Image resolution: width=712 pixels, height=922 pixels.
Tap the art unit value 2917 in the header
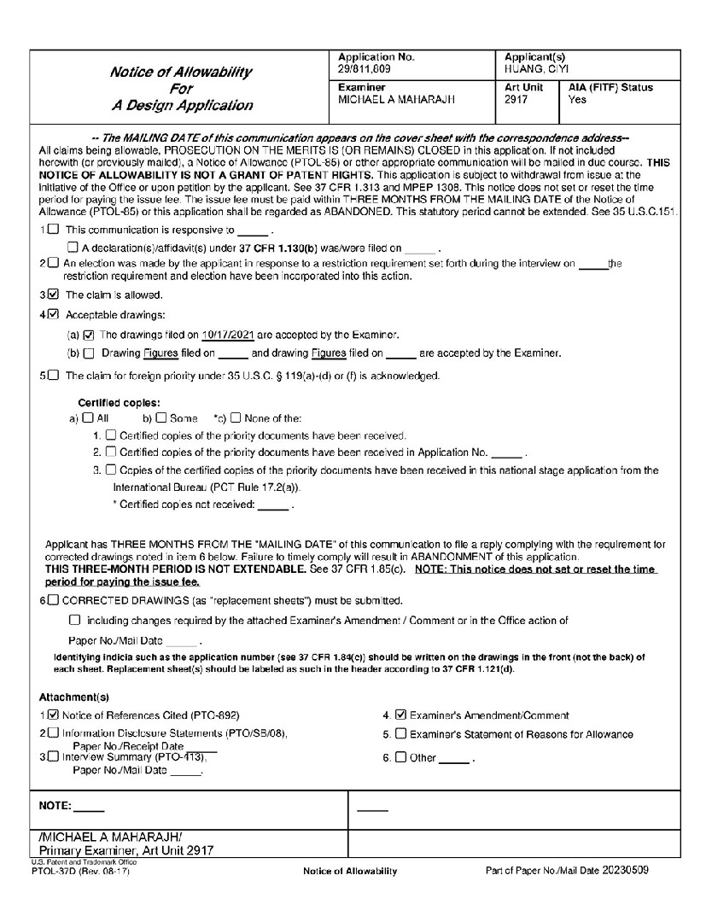point(516,100)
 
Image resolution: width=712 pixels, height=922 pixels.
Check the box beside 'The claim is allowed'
point(55,295)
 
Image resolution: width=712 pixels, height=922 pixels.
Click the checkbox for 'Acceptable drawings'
point(55,314)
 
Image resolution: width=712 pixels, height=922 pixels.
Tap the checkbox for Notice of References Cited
point(55,715)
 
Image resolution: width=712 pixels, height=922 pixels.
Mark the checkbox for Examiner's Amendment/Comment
point(401,715)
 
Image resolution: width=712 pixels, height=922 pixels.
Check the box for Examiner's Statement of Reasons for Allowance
point(401,734)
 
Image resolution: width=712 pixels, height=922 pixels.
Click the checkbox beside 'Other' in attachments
point(401,757)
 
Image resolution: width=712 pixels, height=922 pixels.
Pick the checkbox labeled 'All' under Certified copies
point(87,418)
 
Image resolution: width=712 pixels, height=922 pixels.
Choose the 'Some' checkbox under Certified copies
point(160,418)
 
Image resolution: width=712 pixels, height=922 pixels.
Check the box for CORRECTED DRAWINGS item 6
point(55,600)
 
